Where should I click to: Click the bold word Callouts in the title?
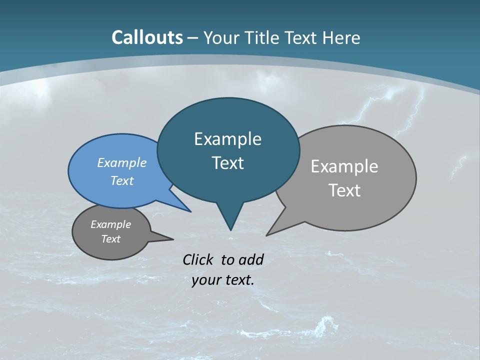[147, 37]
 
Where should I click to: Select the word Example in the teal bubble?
[227, 139]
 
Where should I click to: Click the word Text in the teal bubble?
[227, 163]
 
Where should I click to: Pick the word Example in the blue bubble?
[121, 162]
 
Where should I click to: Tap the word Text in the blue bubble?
[121, 180]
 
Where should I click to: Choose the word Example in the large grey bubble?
[344, 166]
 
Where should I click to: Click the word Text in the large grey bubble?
[344, 190]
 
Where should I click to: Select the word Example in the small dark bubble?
[110, 224]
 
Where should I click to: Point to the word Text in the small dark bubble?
[110, 239]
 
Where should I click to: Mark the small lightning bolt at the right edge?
[459, 167]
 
